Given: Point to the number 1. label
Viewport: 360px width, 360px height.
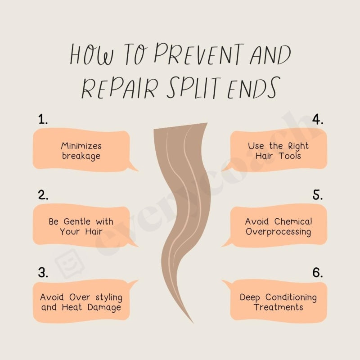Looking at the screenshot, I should point(43,119).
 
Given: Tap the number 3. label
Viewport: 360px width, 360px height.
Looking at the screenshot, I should point(44,272).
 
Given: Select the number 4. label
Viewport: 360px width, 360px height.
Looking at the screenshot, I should point(318,119).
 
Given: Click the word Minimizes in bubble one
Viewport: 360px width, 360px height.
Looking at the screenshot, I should point(81,146).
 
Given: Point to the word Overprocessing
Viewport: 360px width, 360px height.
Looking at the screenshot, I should point(278,232).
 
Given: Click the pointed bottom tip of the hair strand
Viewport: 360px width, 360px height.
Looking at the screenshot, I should point(193,322).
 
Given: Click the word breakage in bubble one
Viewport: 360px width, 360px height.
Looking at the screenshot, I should point(81,156).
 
